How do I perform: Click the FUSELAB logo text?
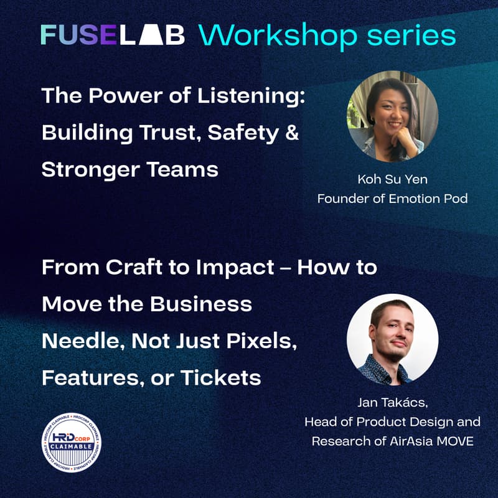pos(113,35)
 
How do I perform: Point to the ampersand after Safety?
pos(291,133)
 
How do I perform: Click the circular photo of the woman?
pos(392,116)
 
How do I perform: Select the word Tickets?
pos(223,378)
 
